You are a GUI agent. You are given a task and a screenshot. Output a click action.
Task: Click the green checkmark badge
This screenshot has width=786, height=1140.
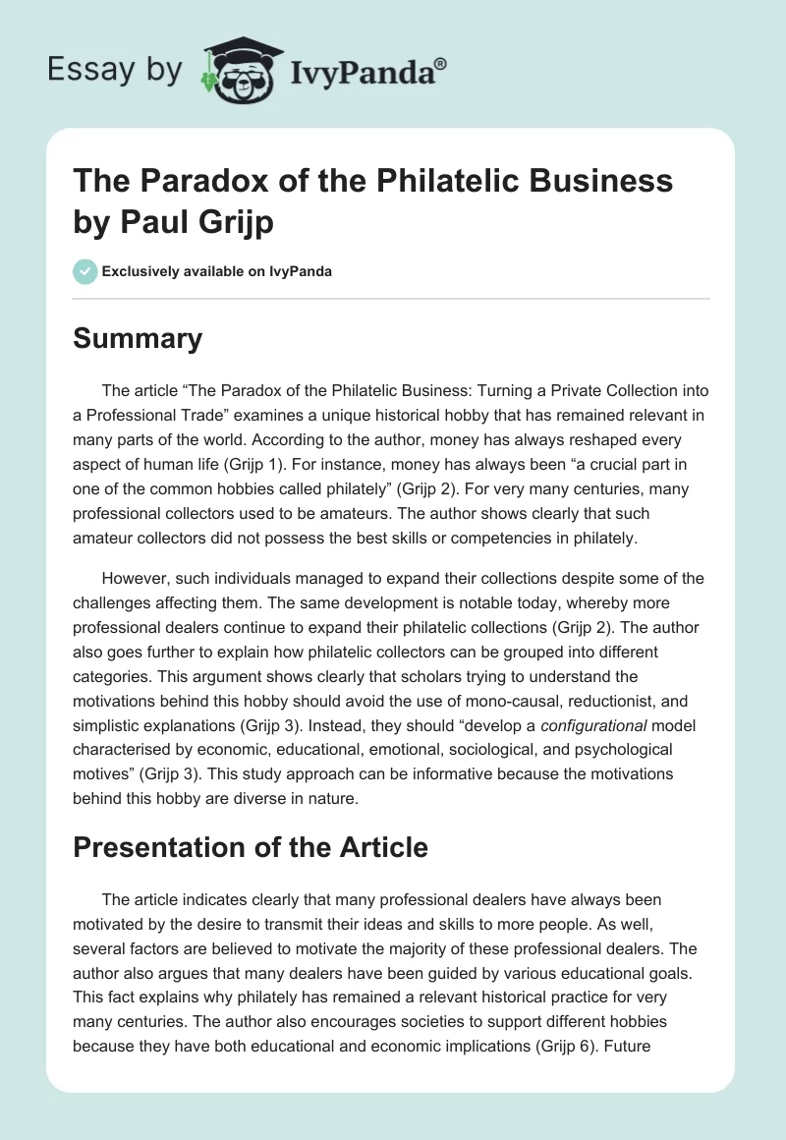85,271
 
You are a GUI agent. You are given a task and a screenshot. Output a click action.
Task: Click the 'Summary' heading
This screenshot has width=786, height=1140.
138,339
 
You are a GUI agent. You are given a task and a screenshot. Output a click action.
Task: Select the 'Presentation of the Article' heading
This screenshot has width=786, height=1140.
251,846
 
